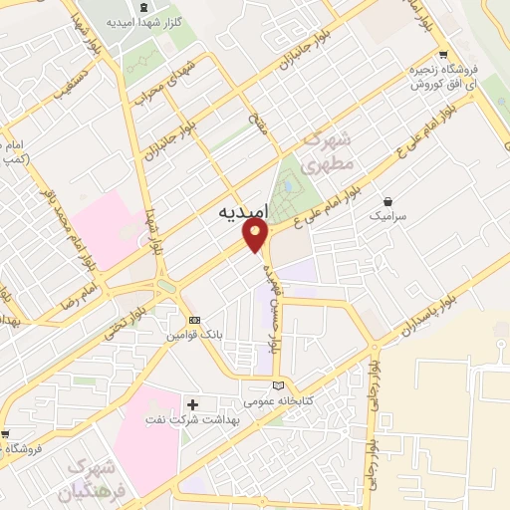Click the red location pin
pos(256,237)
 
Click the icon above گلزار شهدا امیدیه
pos(145,9)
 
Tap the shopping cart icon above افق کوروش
pos(442,56)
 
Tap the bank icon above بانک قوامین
pos(194,320)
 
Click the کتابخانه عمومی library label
pos(278,402)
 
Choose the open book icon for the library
pos(278,386)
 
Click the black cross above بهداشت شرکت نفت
pos(193,404)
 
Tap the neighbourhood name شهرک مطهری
pos(316,148)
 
